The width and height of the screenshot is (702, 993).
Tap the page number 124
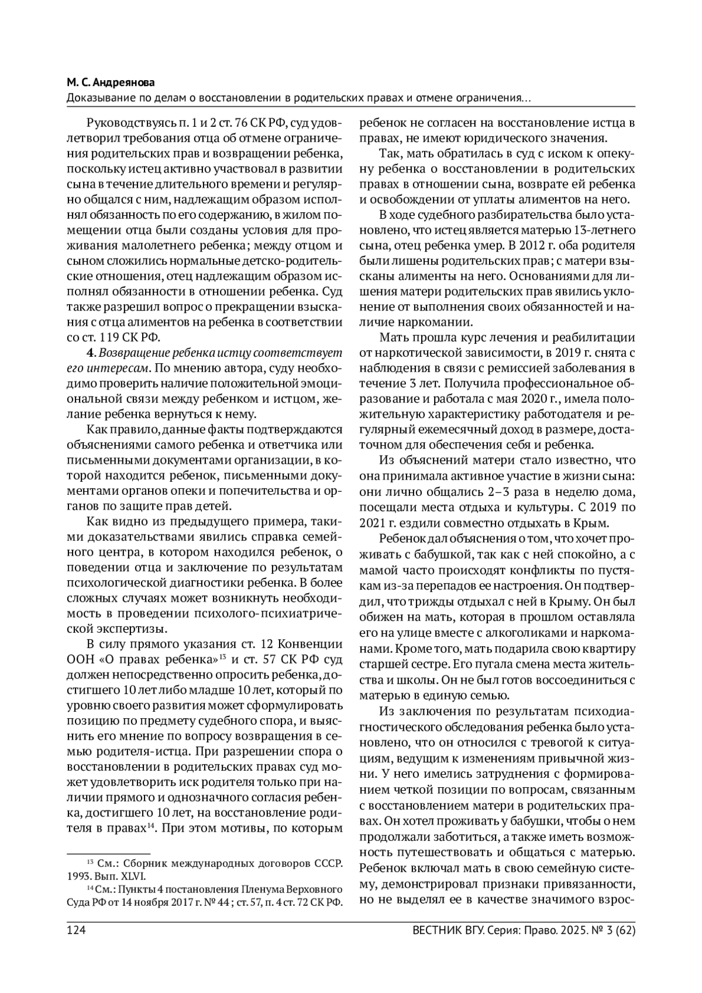point(77,931)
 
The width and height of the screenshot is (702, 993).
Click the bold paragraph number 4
point(90,353)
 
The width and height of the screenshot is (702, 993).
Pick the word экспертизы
point(126,629)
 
